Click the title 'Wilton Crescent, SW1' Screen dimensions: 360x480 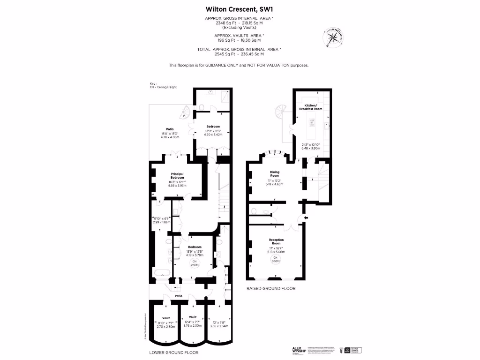coord(240,8)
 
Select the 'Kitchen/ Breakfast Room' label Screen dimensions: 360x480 coord(311,107)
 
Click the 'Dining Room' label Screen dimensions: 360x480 coord(274,174)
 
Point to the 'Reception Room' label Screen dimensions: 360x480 coord(277,241)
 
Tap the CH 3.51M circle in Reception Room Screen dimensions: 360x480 coord(276,260)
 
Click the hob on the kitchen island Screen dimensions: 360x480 coord(312,123)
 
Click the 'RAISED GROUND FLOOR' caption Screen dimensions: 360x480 coord(271,289)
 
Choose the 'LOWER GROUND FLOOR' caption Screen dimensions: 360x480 coord(174,352)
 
